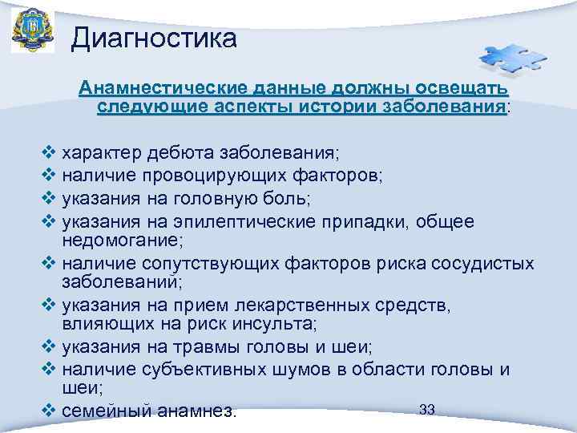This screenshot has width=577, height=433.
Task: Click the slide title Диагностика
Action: coord(154,37)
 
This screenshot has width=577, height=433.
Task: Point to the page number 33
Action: coord(426,410)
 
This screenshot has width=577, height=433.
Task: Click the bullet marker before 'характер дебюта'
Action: coord(46,152)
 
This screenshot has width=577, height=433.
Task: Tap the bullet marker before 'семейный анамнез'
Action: coord(46,411)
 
